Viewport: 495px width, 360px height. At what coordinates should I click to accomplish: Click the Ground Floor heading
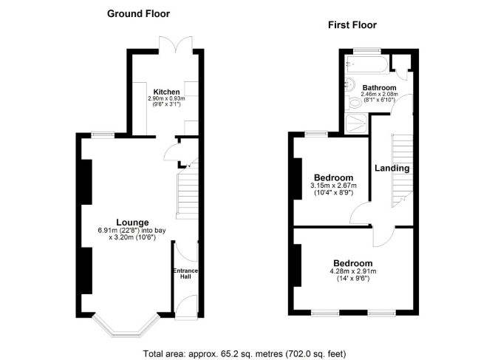click(x=138, y=14)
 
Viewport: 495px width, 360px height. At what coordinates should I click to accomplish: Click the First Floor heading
click(x=352, y=25)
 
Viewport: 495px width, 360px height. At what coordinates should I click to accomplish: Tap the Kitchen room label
click(x=166, y=92)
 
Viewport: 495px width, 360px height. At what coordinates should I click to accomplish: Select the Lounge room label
click(x=132, y=223)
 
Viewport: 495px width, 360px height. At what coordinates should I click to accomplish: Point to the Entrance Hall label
click(x=185, y=274)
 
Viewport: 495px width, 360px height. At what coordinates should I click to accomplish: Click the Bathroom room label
click(x=379, y=87)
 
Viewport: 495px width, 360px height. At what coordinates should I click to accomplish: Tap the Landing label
click(x=392, y=168)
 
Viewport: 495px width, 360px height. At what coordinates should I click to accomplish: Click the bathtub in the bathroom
click(x=366, y=65)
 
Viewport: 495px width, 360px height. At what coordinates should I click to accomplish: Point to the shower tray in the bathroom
click(x=356, y=123)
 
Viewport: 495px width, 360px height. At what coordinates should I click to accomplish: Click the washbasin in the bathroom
click(x=349, y=84)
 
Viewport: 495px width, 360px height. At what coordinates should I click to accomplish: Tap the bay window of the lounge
click(x=126, y=325)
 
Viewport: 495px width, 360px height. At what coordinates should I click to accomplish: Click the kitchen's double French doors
click(x=176, y=45)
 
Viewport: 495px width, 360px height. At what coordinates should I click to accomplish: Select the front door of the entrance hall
click(x=186, y=307)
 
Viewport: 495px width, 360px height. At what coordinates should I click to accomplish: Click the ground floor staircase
click(x=188, y=192)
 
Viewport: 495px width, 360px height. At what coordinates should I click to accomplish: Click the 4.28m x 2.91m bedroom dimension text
click(x=353, y=271)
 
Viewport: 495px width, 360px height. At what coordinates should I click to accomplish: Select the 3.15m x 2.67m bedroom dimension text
click(x=334, y=186)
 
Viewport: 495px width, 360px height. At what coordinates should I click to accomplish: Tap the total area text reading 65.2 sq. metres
click(x=245, y=353)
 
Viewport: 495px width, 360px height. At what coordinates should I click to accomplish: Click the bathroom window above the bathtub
click(x=367, y=50)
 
